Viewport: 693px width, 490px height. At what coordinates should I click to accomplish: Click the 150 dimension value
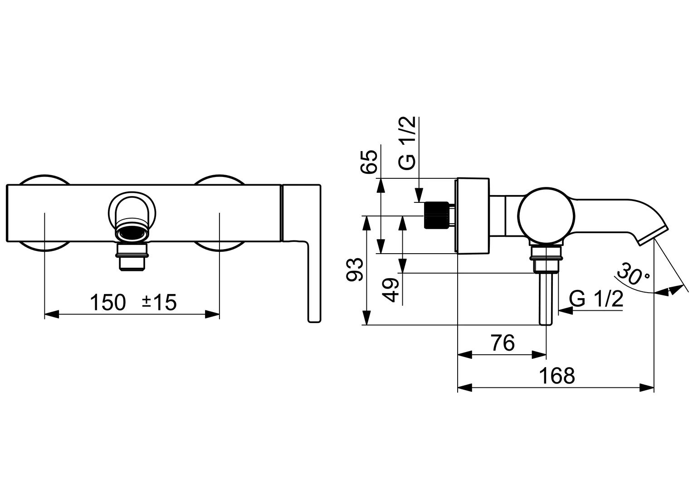click(108, 302)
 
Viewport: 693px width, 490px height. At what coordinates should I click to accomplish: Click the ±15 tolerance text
click(159, 302)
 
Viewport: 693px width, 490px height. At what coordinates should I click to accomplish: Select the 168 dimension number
click(557, 376)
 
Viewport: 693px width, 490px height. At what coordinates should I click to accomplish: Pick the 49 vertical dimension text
click(390, 290)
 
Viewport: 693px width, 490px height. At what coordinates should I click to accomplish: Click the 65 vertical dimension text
click(369, 161)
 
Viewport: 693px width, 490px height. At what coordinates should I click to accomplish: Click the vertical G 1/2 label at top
click(408, 143)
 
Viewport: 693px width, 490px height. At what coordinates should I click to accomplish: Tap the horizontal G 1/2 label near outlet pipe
click(596, 299)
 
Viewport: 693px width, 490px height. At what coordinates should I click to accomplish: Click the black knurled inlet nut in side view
click(434, 216)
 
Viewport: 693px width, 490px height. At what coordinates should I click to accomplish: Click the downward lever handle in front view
click(314, 281)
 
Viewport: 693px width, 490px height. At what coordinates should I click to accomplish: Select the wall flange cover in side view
click(473, 215)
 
